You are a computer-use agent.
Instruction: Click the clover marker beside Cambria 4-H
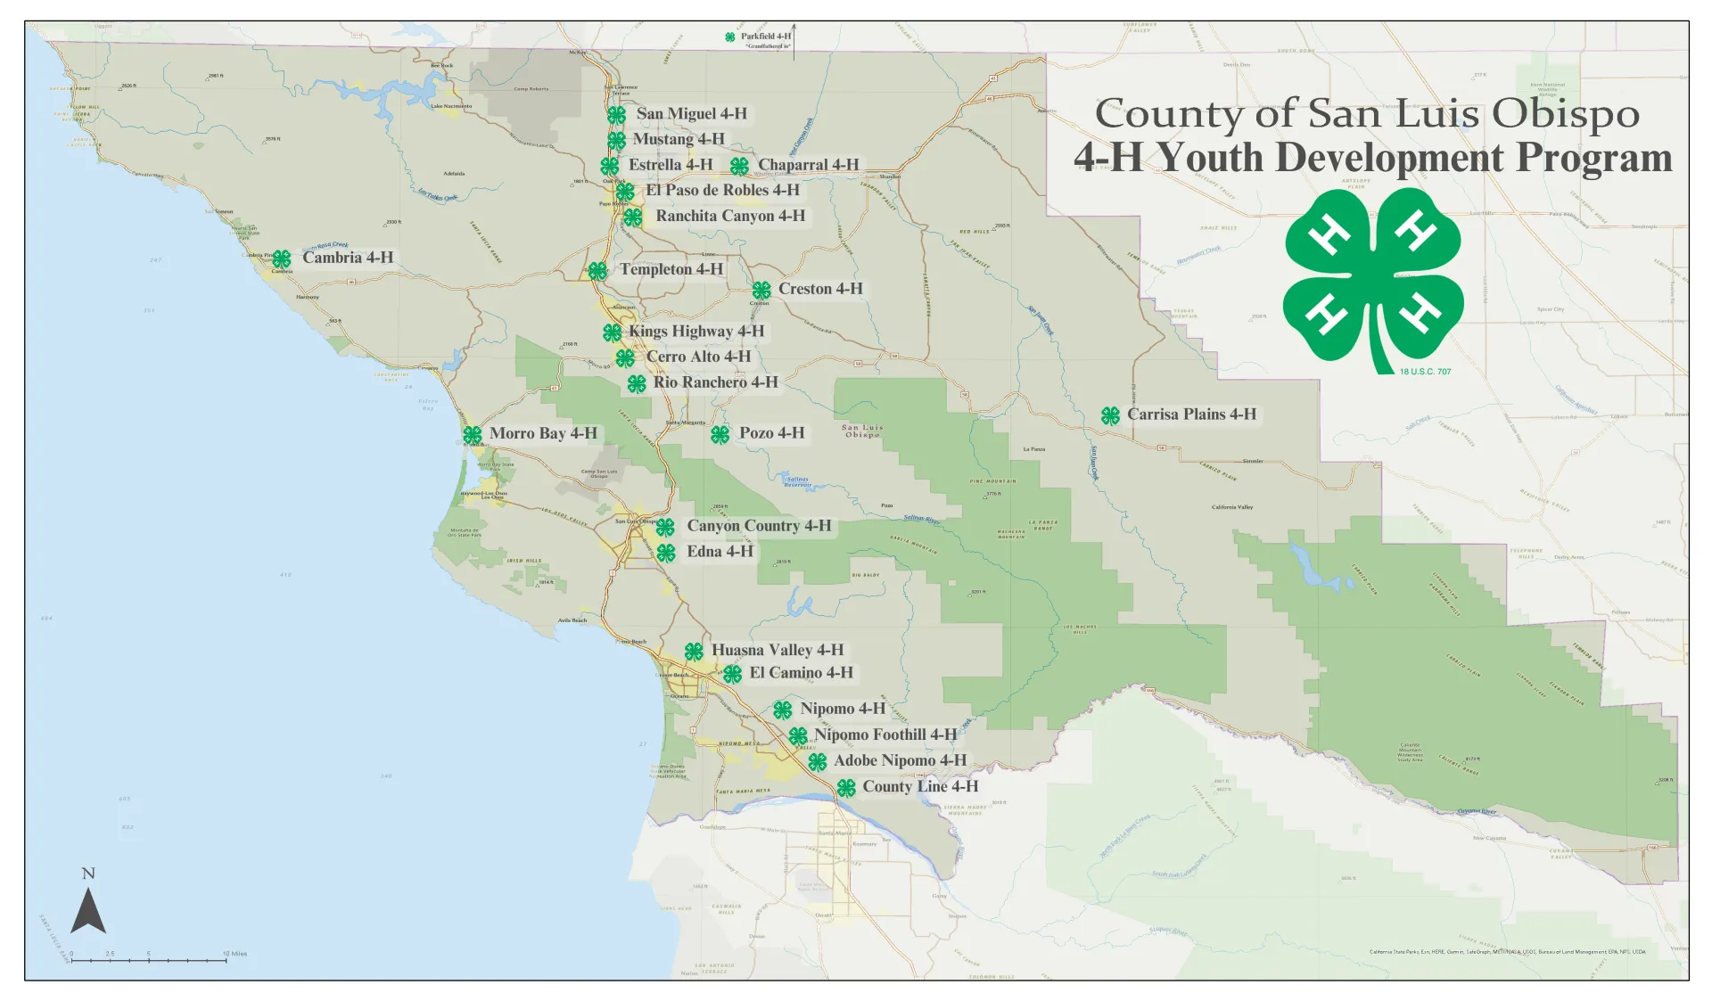282,258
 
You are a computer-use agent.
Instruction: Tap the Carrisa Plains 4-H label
1191,414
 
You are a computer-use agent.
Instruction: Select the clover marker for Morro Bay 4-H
473,435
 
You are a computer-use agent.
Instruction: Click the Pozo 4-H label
771,433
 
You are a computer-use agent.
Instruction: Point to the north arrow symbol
88,911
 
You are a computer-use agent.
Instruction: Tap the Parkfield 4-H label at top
765,37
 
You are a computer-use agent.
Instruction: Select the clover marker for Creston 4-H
761,291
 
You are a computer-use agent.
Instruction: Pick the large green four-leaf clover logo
1372,276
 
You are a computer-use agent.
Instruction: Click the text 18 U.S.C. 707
1425,372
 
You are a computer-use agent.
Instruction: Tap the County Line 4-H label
919,787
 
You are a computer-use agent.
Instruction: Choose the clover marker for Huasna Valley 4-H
694,652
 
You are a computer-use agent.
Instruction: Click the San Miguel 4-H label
691,114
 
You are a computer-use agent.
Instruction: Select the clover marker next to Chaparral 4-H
739,167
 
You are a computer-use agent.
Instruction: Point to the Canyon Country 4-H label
758,526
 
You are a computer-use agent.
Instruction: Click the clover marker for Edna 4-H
666,553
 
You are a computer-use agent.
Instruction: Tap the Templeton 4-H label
671,269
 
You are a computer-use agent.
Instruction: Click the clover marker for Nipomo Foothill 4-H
798,736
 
